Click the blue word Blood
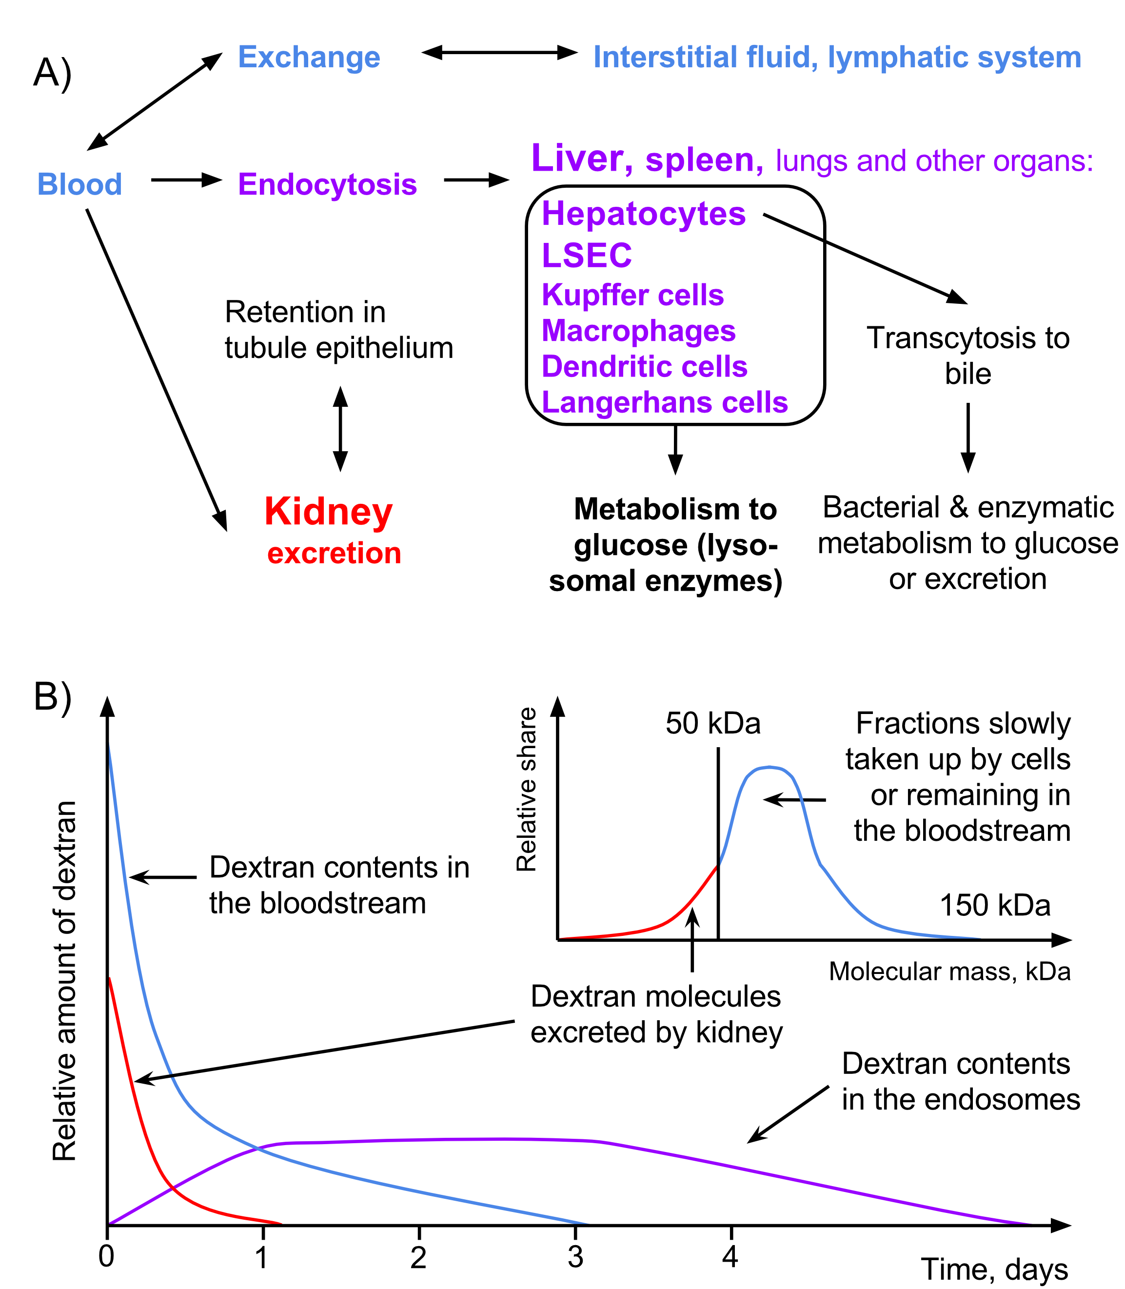[79, 184]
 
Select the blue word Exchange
[309, 58]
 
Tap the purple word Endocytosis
[327, 184]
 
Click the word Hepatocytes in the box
[644, 214]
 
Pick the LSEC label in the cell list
[586, 255]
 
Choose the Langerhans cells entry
[665, 402]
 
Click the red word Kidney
[328, 512]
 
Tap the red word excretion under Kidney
[334, 553]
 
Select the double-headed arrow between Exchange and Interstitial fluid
[499, 53]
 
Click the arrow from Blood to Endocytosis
[186, 180]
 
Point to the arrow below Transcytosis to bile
[968, 437]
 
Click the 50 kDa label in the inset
[713, 724]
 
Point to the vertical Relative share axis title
[526, 789]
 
